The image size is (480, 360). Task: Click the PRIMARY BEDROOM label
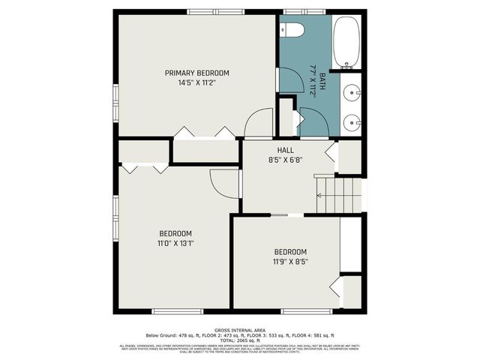point(197,73)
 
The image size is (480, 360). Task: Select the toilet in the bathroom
point(292,30)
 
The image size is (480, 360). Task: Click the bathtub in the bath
point(346,42)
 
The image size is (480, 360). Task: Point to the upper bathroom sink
point(352,93)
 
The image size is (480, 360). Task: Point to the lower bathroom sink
point(352,121)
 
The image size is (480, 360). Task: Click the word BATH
point(322,81)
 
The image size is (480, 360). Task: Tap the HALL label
point(285,150)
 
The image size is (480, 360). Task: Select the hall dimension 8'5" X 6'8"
point(285,160)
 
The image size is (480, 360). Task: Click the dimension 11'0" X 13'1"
point(175,243)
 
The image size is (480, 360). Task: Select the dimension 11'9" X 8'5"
point(289,262)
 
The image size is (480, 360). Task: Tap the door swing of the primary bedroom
point(259,122)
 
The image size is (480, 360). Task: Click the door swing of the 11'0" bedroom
point(224,182)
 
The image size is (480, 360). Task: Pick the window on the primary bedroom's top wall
point(210,11)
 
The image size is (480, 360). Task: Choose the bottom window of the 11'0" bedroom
point(178,311)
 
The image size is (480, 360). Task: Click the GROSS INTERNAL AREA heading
point(240,330)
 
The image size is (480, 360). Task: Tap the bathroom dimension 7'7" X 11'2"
point(313,78)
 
